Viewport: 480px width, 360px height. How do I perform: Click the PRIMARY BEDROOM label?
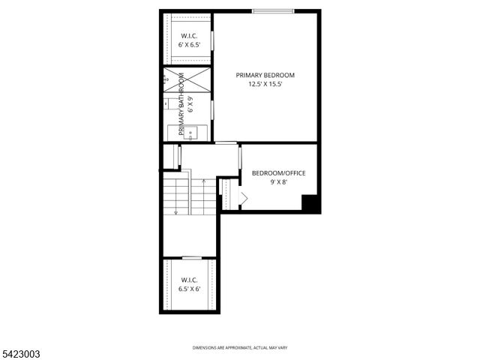click(265, 75)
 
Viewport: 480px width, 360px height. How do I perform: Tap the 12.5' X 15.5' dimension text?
click(265, 85)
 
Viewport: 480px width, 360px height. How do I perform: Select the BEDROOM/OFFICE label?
click(278, 173)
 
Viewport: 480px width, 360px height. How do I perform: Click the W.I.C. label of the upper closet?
click(188, 35)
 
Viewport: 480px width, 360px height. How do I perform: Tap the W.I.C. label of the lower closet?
click(189, 279)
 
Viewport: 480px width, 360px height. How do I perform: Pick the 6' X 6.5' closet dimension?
click(188, 45)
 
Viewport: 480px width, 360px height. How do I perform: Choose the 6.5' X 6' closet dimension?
click(189, 289)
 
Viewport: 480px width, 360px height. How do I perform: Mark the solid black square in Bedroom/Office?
click(310, 203)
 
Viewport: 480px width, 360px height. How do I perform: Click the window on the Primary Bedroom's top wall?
click(272, 11)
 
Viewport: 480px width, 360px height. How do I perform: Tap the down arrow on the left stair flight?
click(175, 211)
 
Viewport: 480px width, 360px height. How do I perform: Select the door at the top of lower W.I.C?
click(192, 258)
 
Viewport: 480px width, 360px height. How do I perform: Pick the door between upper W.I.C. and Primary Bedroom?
click(212, 40)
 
